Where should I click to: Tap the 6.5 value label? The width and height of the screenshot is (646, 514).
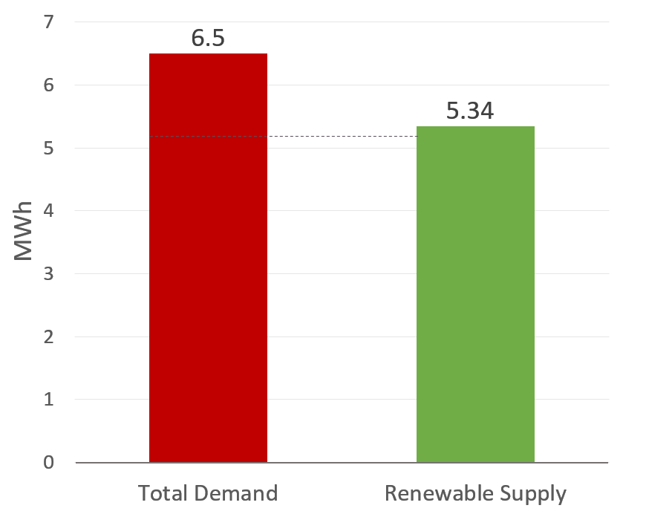click(x=208, y=38)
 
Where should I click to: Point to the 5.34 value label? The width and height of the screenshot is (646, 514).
click(x=470, y=111)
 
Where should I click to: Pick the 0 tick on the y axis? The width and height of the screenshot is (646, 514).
click(x=49, y=462)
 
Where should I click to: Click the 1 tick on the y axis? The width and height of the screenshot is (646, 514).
click(x=49, y=400)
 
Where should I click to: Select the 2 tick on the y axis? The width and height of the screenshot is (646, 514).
click(x=49, y=336)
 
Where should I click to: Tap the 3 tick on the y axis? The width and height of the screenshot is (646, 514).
click(x=49, y=274)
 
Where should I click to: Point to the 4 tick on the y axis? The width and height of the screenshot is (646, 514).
click(x=49, y=211)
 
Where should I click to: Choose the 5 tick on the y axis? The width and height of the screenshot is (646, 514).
click(x=49, y=149)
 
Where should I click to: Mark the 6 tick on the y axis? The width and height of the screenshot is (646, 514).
click(x=49, y=85)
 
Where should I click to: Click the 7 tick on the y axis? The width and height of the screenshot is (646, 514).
click(x=49, y=23)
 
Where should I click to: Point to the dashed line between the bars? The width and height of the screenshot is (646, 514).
click(x=342, y=137)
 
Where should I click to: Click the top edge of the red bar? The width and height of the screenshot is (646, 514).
click(x=208, y=54)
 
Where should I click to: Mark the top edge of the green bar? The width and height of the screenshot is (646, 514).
click(x=475, y=127)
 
